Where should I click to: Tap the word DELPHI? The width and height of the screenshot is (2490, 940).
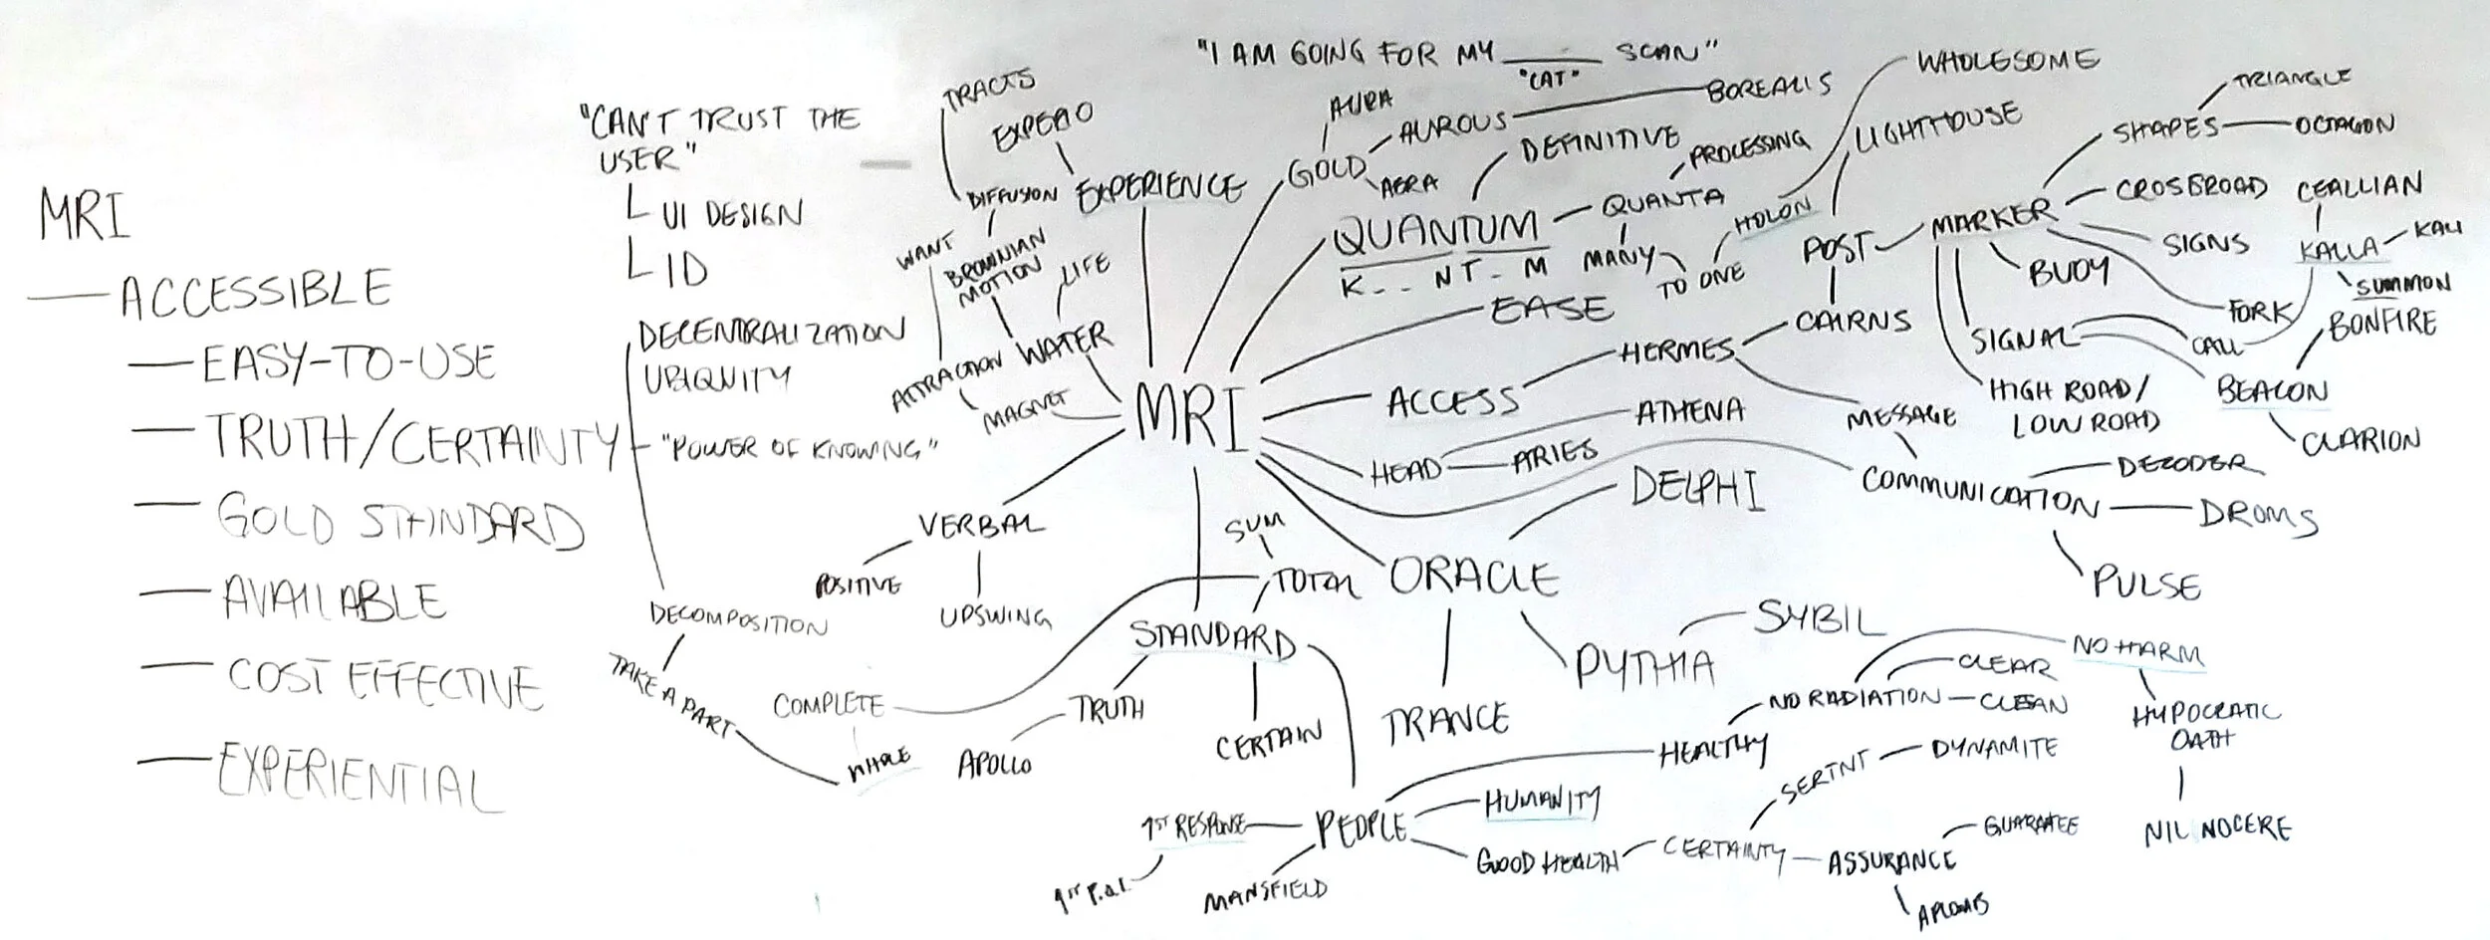pos(1696,488)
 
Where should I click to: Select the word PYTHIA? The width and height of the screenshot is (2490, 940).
pos(1643,667)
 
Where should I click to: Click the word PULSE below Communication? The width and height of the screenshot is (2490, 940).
pos(2145,583)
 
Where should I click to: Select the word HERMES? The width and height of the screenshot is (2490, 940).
pos(1677,352)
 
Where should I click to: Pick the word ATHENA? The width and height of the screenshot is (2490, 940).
pos(1689,409)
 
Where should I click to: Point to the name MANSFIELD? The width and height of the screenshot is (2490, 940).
pos(1265,894)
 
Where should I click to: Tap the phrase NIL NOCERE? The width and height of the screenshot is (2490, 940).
pos(2217,828)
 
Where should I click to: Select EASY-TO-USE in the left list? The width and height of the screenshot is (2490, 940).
pos(349,363)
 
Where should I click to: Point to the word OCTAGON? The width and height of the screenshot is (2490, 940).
pos(2343,125)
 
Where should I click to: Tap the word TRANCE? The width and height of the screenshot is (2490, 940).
pos(1444,721)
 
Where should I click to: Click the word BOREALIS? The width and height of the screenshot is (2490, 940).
pos(1769,88)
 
